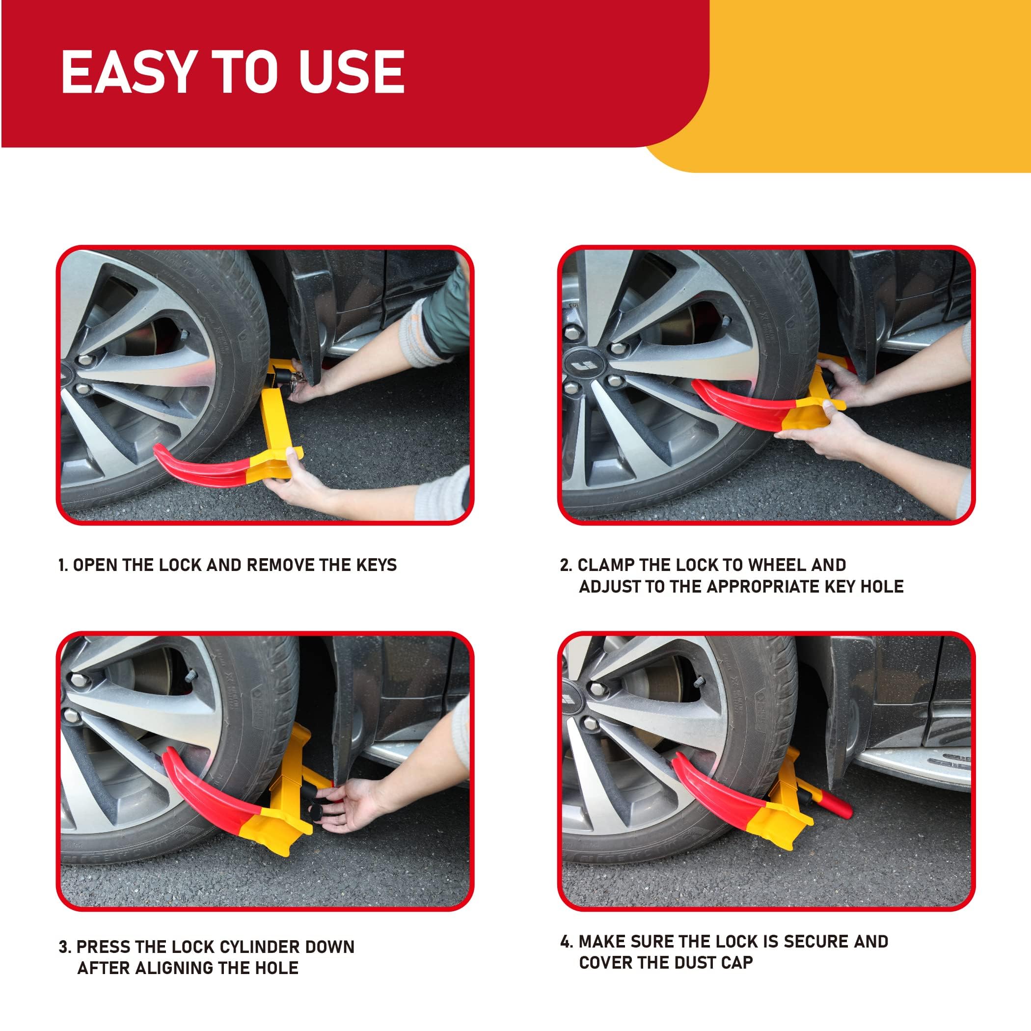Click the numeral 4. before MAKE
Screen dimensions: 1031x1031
coord(567,941)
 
